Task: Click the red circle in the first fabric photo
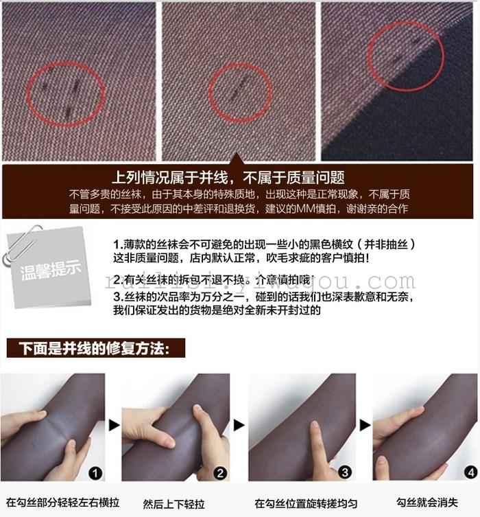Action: tap(66, 94)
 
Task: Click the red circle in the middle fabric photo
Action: tap(240, 92)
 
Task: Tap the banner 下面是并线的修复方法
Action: tap(96, 348)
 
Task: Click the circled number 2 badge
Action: tap(220, 472)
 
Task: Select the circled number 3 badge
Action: tap(345, 472)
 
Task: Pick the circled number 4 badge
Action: tap(469, 472)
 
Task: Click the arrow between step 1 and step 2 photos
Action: tap(114, 426)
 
